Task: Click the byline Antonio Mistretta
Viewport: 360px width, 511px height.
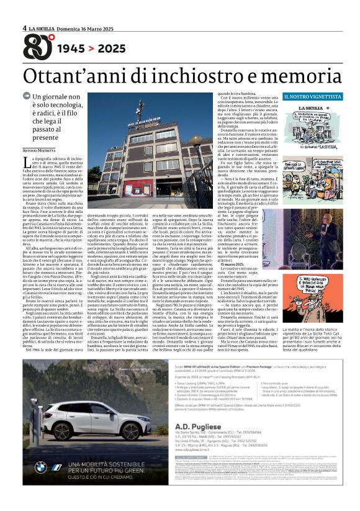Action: (x=43, y=150)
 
